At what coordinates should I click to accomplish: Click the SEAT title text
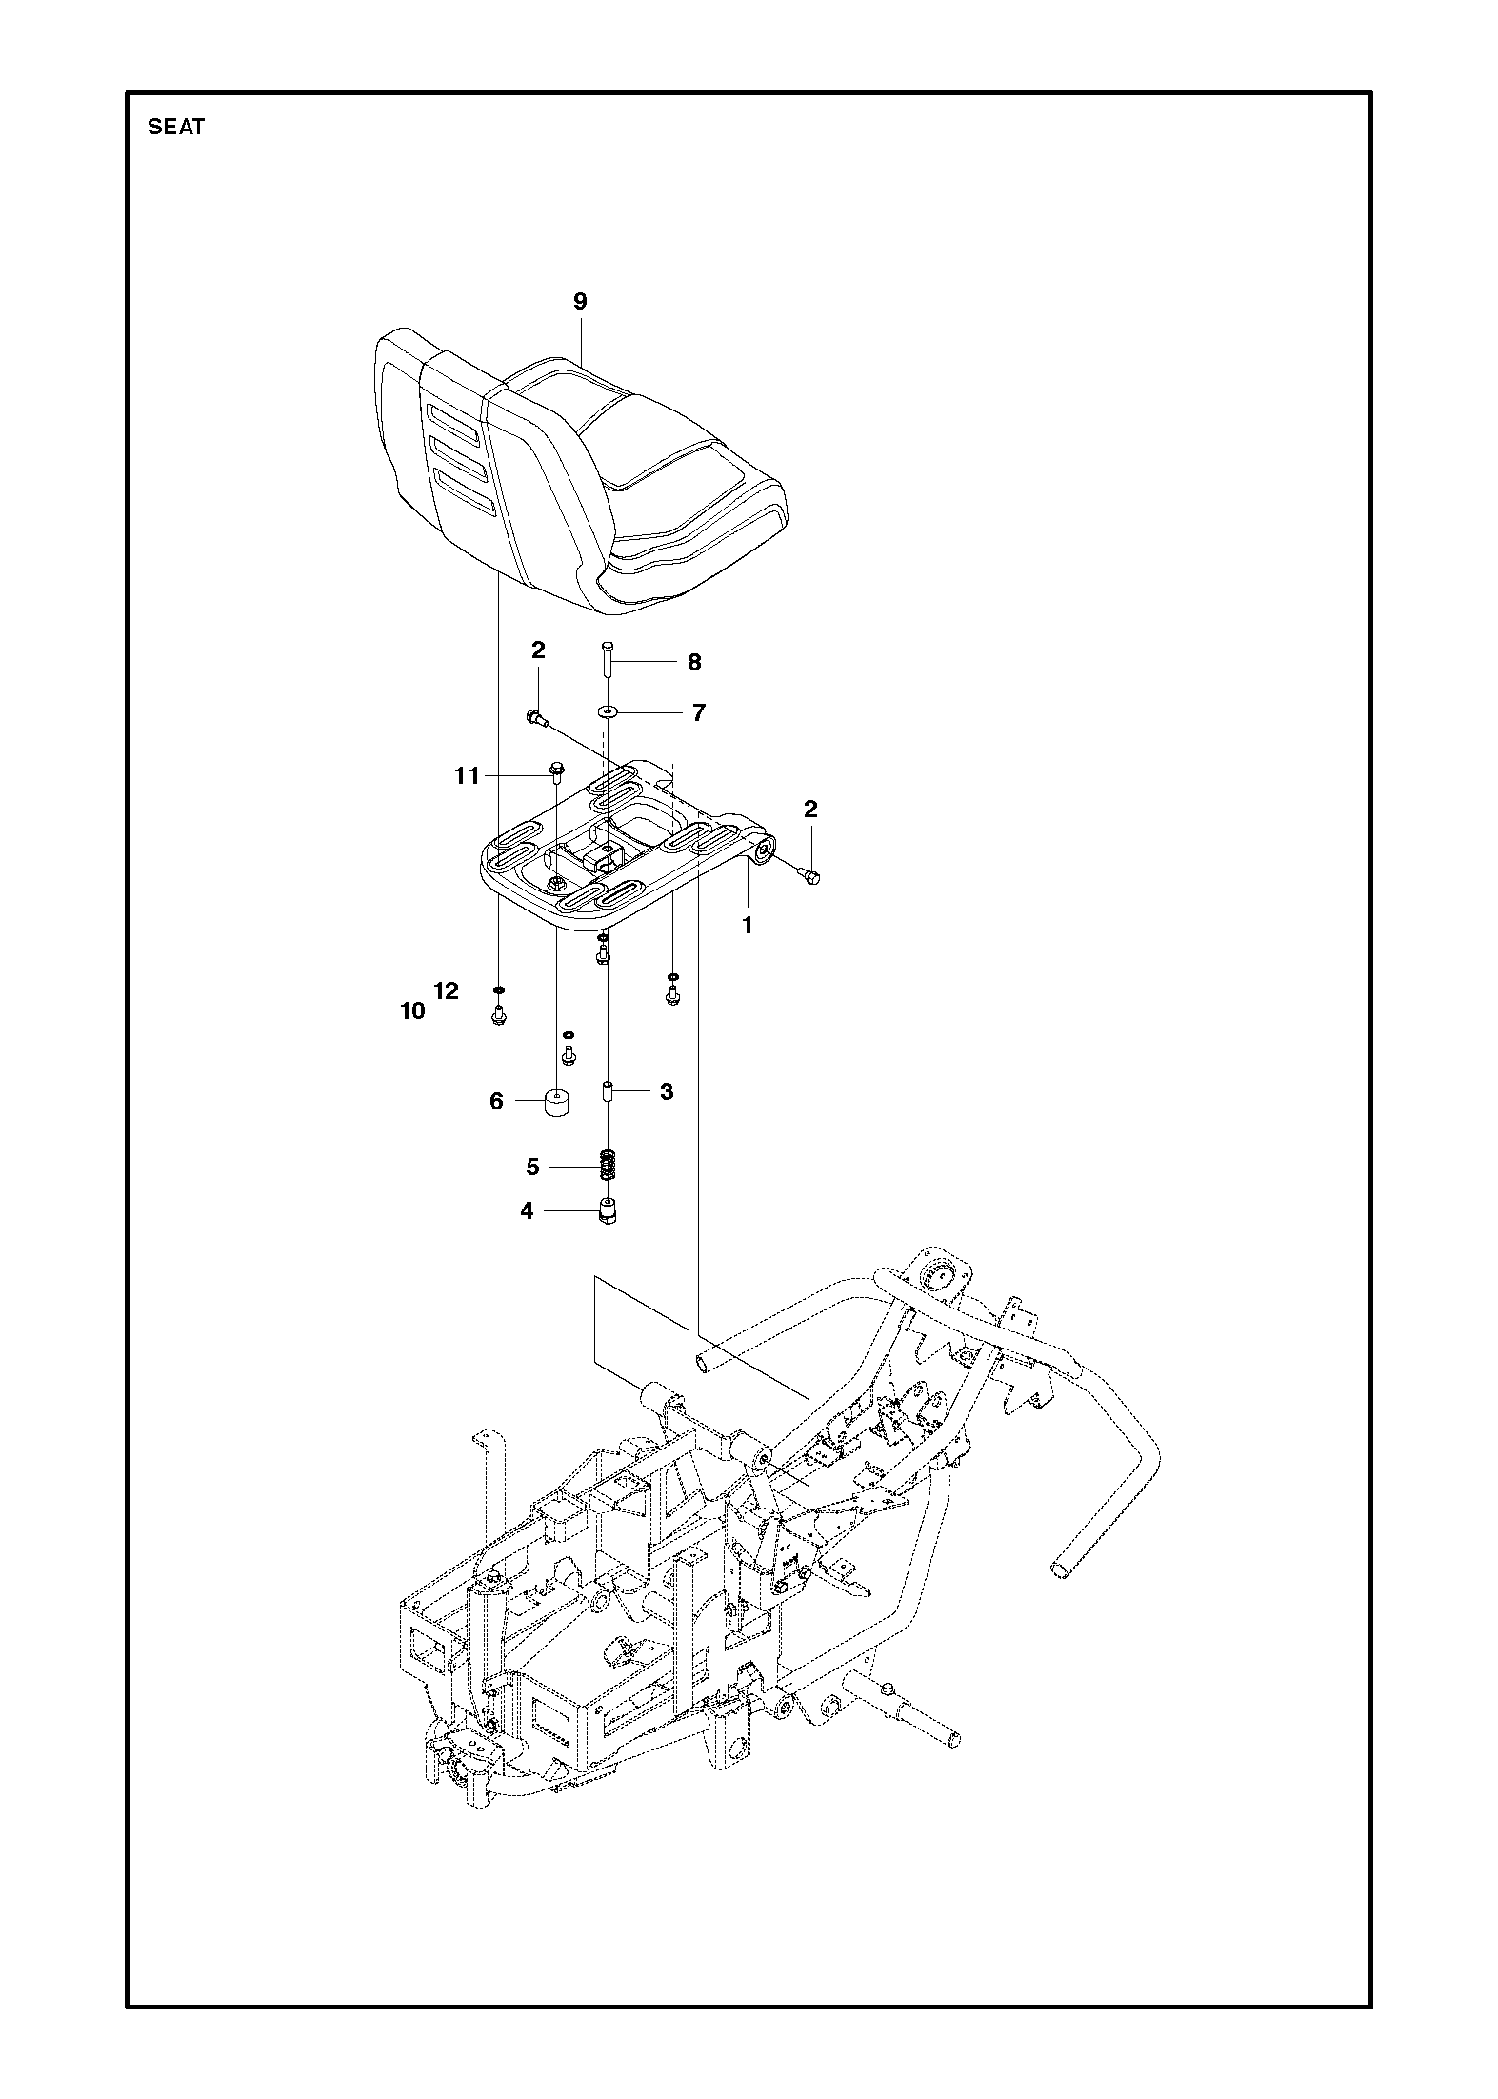[176, 128]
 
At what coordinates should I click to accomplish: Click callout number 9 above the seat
[580, 302]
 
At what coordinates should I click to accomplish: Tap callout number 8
[694, 662]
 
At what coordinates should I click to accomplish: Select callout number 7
[699, 712]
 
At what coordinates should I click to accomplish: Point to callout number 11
[467, 776]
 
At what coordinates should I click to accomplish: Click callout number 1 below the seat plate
[748, 925]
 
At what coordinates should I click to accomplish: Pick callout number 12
[447, 991]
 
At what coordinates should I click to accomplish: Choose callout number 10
[412, 1011]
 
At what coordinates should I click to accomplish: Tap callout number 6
[496, 1102]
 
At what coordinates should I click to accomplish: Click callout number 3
[667, 1091]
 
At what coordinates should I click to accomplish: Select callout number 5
[532, 1167]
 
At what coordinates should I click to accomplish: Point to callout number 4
[527, 1211]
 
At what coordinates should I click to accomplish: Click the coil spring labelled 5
[606, 1166]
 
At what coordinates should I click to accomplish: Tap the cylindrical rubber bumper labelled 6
[557, 1102]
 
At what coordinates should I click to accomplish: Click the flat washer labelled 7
[606, 711]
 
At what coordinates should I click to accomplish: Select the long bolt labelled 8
[606, 660]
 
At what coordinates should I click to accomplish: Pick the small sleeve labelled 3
[606, 1091]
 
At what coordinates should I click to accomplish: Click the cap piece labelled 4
[606, 1212]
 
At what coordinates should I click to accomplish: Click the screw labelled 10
[498, 1016]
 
